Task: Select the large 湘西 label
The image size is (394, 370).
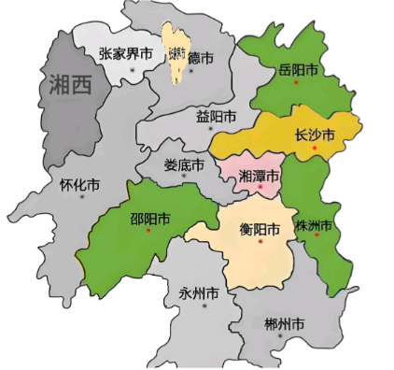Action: coord(70,86)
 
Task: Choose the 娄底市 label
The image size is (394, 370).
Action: coord(184,165)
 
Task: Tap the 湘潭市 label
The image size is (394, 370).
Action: coord(260,176)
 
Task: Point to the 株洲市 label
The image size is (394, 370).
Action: coord(314,226)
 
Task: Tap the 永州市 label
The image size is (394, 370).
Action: coord(198,293)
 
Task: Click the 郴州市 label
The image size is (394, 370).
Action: coord(285,325)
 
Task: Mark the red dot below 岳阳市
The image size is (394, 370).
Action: coord(296,83)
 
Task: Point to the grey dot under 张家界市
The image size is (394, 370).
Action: coord(134,68)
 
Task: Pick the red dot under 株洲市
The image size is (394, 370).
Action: coord(317,237)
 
